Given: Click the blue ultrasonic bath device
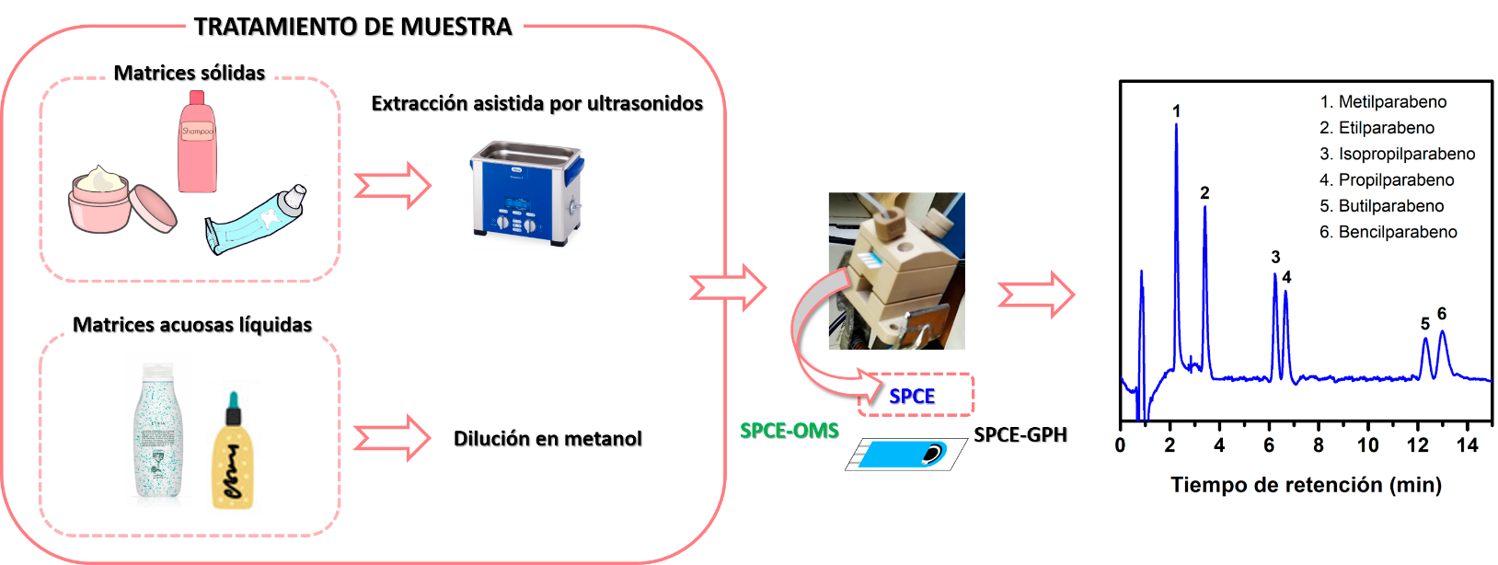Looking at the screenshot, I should pyautogui.click(x=525, y=192).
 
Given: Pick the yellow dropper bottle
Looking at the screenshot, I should pyautogui.click(x=233, y=455).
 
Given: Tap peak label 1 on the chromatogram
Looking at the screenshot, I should pyautogui.click(x=1176, y=111).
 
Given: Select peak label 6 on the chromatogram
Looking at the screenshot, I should pyautogui.click(x=1442, y=314).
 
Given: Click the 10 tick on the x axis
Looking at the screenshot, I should pyautogui.click(x=1367, y=445).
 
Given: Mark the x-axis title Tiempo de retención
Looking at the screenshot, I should pyautogui.click(x=1306, y=485).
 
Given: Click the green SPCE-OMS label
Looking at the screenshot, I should pyautogui.click(x=789, y=431).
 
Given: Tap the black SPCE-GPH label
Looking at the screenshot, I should pyautogui.click(x=1020, y=434).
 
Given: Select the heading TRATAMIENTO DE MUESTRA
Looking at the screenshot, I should pyautogui.click(x=352, y=27).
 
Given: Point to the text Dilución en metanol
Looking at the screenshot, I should pyautogui.click(x=547, y=439).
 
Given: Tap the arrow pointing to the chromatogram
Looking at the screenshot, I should pyautogui.click(x=1036, y=294).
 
